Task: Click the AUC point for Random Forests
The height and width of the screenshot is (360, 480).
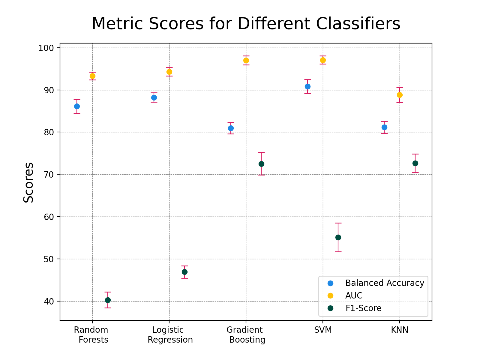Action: [92, 76]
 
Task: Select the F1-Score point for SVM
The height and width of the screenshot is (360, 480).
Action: [338, 238]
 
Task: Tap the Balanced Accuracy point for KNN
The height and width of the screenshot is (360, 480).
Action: [384, 127]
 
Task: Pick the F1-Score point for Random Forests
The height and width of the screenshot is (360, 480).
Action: [108, 300]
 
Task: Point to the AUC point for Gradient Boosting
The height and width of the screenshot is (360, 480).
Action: [246, 60]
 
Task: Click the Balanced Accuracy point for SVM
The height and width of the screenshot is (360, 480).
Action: [307, 86]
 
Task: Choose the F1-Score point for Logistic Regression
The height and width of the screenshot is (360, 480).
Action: [184, 272]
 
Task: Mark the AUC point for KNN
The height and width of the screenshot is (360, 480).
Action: [400, 95]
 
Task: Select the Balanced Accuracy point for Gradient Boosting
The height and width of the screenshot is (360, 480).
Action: [231, 128]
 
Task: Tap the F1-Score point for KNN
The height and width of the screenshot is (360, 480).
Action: [415, 163]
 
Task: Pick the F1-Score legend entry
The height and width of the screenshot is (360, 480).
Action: [363, 308]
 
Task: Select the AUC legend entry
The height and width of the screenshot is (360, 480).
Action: [354, 296]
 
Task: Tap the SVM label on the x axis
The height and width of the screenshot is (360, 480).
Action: [323, 330]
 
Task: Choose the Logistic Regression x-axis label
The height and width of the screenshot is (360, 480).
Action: [169, 335]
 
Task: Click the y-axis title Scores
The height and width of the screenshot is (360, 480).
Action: [29, 182]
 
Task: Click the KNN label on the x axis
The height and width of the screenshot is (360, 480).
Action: [400, 330]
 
